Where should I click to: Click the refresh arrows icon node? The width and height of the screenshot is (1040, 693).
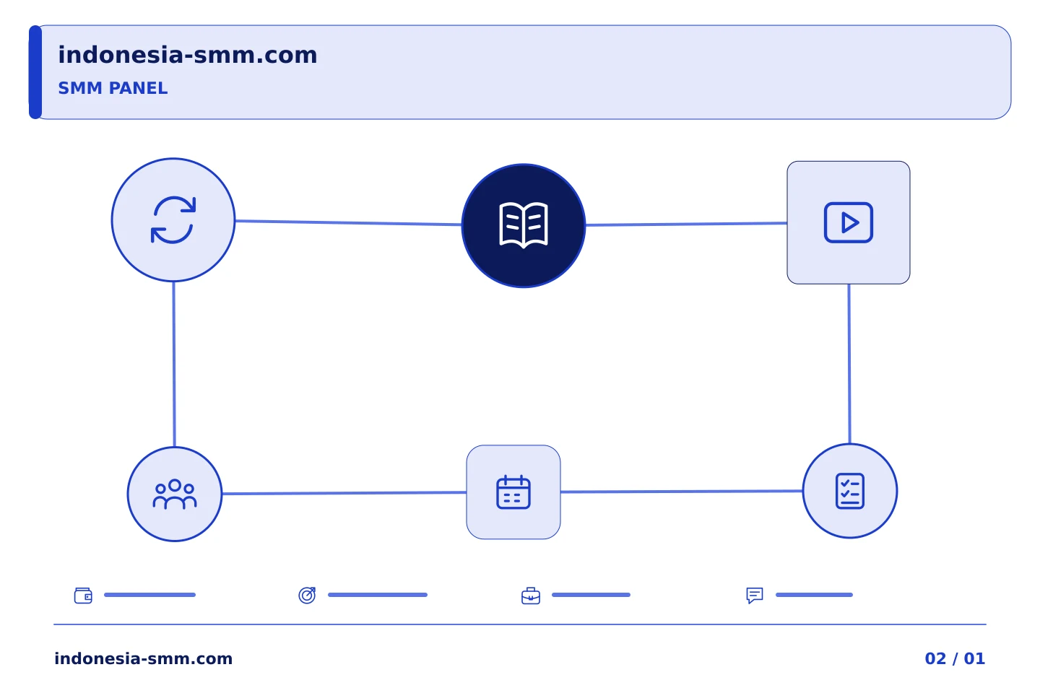pos(173,220)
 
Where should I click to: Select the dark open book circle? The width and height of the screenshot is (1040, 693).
pos(523,225)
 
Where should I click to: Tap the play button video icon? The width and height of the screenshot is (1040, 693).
pos(848,222)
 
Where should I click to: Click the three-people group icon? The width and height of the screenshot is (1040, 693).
pos(175,494)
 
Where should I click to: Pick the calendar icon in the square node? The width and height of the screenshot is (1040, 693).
pos(513,492)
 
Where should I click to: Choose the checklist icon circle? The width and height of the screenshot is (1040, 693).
pos(849,491)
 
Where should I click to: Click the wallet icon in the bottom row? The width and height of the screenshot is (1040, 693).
pos(83,596)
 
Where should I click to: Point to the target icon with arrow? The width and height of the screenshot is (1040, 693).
pos(307,596)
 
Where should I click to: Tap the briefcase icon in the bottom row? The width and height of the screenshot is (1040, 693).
pos(531,596)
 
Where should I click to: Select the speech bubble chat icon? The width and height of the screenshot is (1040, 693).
pos(755,596)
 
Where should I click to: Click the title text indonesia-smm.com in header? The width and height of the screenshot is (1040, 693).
pos(188,55)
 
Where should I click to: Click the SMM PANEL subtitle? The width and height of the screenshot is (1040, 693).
pos(113,88)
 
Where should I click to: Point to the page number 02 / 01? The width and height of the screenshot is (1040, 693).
pos(955,658)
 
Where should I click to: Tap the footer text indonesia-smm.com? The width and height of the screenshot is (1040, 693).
pos(144,658)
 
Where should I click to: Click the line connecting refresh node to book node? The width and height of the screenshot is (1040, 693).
pos(348,223)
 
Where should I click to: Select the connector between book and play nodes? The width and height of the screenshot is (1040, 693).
pos(686,225)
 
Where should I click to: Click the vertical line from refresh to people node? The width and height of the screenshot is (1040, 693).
pos(174,365)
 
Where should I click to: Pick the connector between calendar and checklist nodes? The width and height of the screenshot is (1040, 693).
pos(682,491)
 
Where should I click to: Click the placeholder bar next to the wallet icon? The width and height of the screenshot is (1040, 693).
pos(149,595)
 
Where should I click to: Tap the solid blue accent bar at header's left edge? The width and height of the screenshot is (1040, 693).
pos(35,72)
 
